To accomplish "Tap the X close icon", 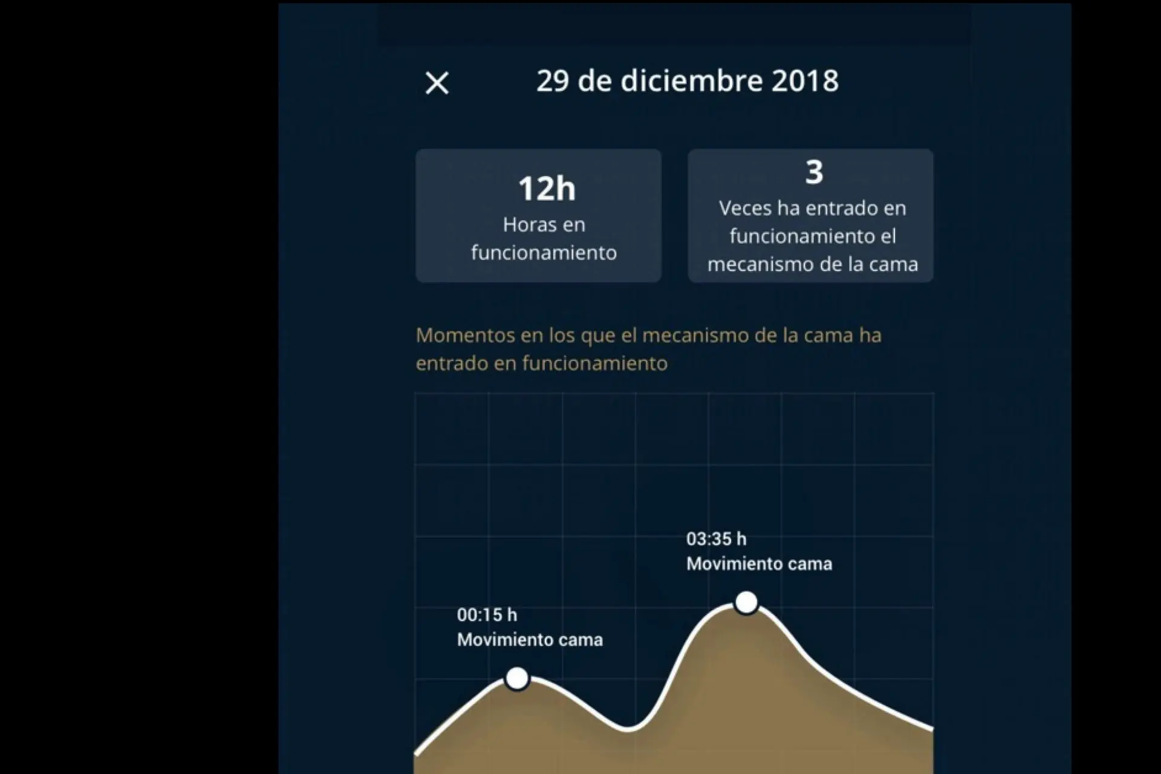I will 437,83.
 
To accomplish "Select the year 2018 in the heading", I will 805,81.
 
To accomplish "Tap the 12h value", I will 547,189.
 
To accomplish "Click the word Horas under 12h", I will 525,225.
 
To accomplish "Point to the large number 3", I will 814,172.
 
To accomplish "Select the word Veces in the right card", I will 745,209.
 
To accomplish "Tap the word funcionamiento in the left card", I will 544,253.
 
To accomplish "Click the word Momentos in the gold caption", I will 464,335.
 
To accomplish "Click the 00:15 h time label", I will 487,615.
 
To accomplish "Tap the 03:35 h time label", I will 716,539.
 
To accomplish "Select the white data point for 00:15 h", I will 517,678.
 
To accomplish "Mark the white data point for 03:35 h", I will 746,602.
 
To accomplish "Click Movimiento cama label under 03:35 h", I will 759,564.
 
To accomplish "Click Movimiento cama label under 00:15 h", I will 530,640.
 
